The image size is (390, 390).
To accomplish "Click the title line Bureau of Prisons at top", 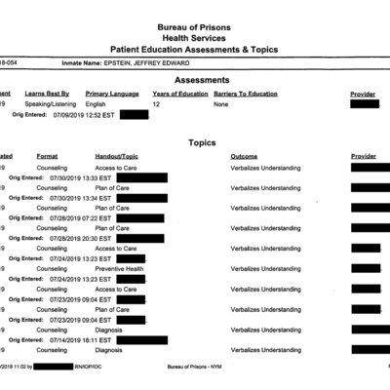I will [203, 27].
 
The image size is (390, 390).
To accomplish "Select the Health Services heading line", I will [203, 38].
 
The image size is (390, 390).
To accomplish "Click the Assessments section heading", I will [202, 80].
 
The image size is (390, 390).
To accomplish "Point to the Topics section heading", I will [202, 142].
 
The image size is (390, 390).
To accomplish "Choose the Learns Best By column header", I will [48, 94].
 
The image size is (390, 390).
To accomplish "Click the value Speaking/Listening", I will [49, 103].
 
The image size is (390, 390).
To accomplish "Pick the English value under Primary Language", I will [96, 103].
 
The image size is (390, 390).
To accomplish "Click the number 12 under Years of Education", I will [156, 103].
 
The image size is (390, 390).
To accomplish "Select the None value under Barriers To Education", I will [221, 103].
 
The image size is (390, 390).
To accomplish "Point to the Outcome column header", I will [244, 156].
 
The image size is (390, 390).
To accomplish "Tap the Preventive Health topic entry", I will [119, 269].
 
